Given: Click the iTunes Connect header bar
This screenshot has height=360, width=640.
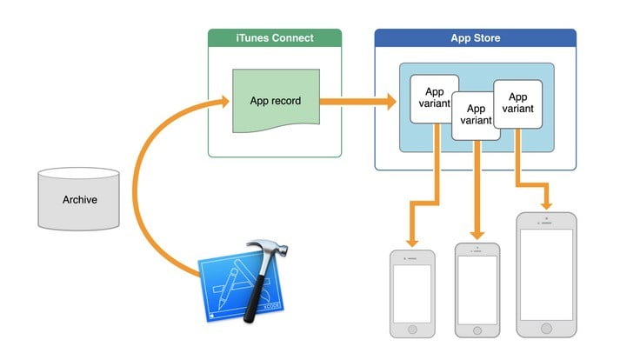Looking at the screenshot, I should coord(275,38).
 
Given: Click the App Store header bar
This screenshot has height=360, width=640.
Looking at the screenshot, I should coord(475,38).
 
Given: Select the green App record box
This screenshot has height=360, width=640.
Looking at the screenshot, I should coord(275,102).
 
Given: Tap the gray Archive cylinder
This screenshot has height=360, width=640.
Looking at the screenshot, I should coord(79,199).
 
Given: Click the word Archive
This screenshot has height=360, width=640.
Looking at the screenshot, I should coord(79,200).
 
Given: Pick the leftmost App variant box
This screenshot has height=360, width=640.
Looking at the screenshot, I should coord(435,98).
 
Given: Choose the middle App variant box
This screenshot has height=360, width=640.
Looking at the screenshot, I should coord(477,116).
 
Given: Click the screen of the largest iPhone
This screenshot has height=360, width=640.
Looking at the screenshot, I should coord(546,274).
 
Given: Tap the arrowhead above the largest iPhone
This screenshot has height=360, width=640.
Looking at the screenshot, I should coord(546,203).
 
